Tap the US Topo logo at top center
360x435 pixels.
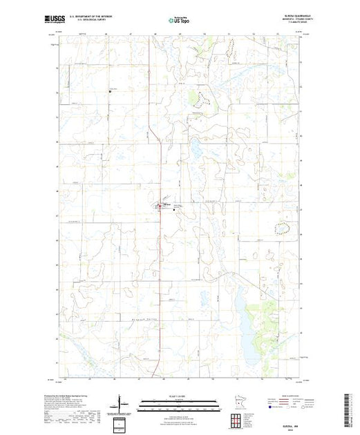[x=179, y=19]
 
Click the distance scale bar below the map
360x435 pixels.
[x=179, y=402]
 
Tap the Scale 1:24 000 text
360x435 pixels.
[x=179, y=396]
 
